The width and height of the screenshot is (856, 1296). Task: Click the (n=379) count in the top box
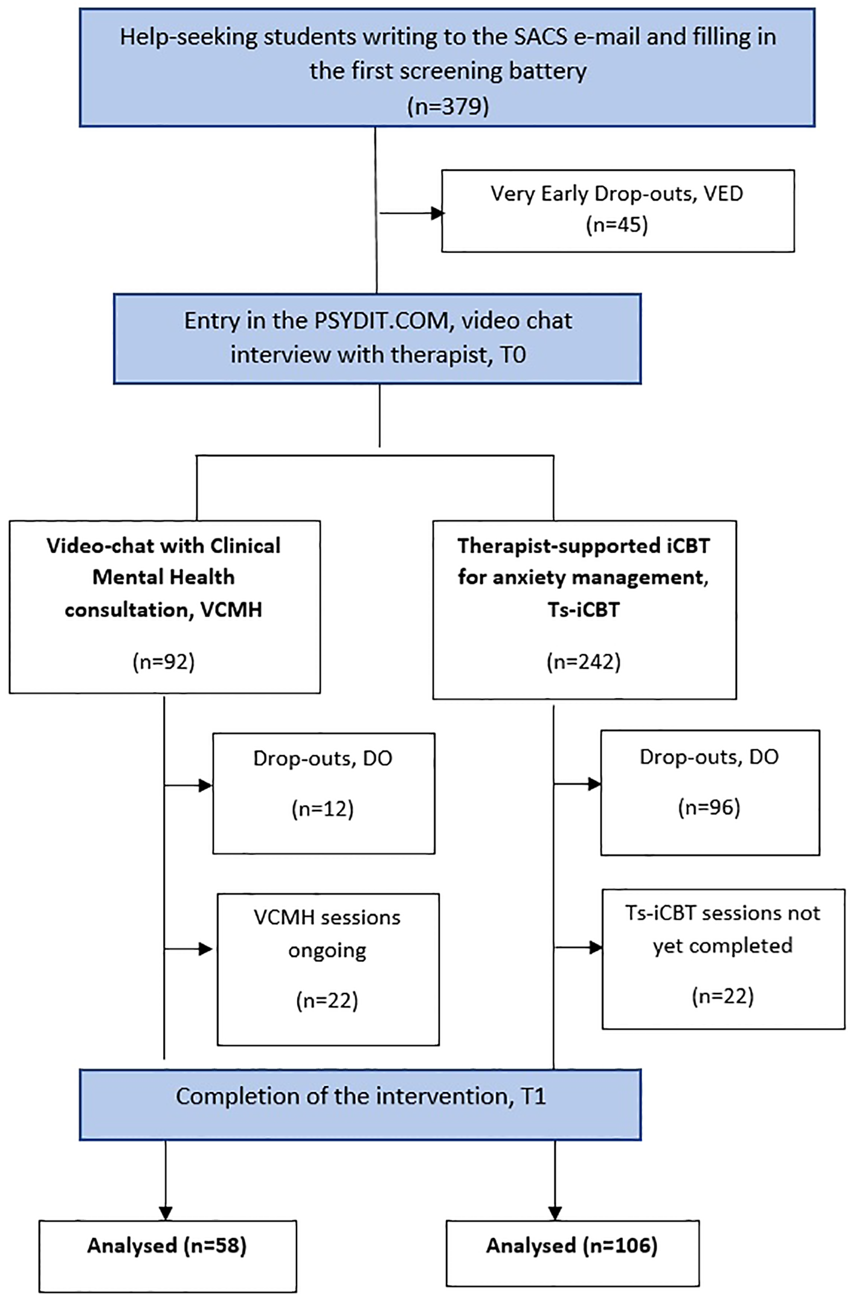coord(448,106)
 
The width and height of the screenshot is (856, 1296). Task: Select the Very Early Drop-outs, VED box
coord(617,210)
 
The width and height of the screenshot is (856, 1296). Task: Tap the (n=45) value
coord(617,225)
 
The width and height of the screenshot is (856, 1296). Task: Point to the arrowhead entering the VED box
coord(437,213)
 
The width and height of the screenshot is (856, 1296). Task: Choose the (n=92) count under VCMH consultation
coord(164,662)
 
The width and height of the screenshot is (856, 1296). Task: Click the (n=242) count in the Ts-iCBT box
coord(584,662)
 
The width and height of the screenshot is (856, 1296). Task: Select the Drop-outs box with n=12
coord(323,793)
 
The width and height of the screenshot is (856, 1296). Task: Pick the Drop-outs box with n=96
coord(709,792)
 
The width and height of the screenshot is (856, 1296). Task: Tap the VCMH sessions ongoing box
coord(327,969)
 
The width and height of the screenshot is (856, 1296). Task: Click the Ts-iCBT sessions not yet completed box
coord(722,958)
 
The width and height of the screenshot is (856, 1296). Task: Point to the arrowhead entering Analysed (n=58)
coord(166,1213)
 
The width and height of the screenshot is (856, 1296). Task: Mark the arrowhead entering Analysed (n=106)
coord(555,1213)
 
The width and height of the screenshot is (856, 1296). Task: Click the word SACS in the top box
coord(541,37)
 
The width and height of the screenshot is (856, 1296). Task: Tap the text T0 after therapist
coord(513,354)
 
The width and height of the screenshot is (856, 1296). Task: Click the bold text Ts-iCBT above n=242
coord(584,609)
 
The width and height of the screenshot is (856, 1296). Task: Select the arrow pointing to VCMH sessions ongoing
coord(205,949)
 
